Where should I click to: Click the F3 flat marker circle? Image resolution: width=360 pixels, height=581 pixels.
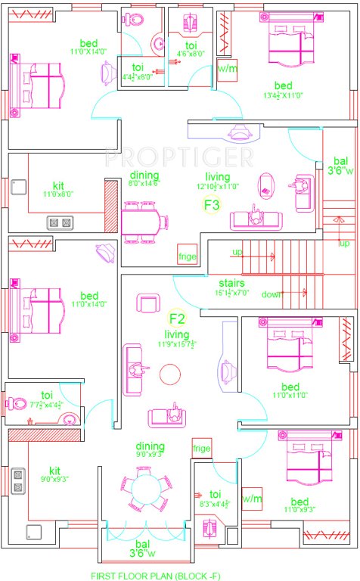211,205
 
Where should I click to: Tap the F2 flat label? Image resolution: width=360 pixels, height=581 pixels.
177,318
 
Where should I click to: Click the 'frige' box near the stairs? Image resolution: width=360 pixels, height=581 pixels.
187,256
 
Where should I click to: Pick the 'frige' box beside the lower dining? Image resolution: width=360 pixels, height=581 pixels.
201,449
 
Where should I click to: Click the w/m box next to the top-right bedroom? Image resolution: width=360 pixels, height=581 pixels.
226,68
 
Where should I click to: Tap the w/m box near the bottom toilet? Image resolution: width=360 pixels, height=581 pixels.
252,499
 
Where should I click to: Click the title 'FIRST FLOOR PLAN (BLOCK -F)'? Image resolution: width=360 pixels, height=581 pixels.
157,576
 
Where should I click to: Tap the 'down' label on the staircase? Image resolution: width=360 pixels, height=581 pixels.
271,295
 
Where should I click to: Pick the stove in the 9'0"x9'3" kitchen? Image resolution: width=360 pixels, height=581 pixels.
17,481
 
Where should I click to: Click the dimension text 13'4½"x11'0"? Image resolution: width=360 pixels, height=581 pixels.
284,95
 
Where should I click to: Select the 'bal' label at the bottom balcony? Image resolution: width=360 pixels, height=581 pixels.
141,543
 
